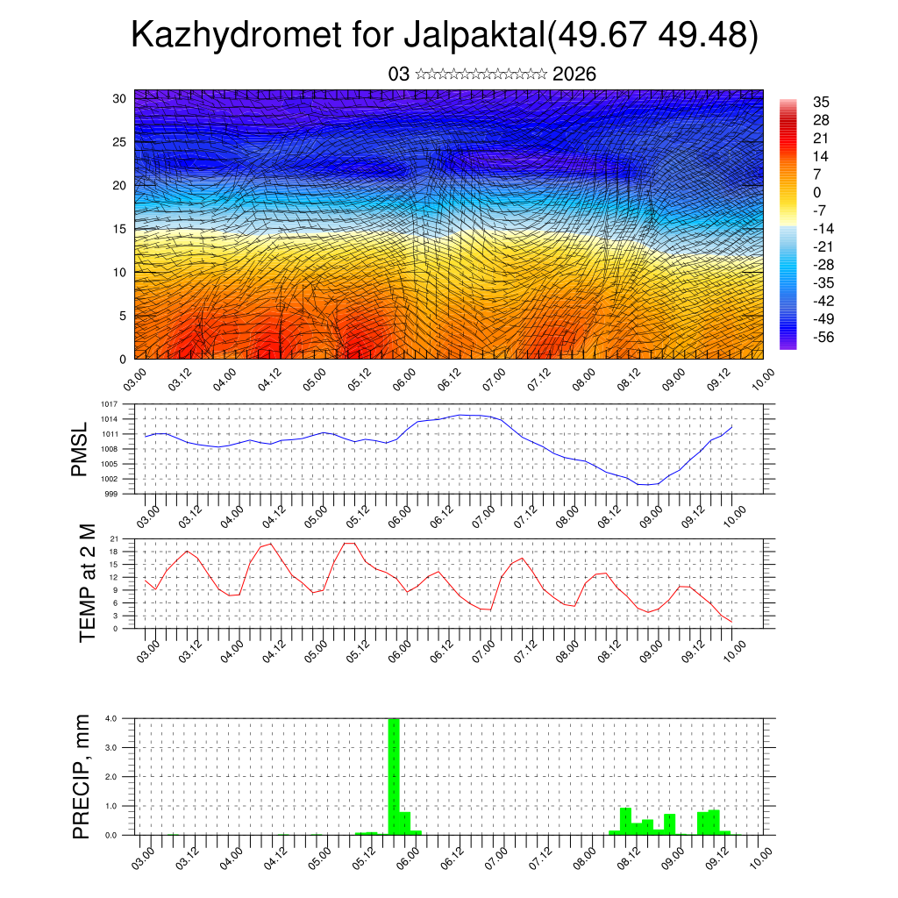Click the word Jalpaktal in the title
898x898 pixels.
click(474, 36)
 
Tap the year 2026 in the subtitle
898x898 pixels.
click(574, 75)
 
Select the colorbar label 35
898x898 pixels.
click(822, 103)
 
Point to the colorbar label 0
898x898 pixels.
click(817, 192)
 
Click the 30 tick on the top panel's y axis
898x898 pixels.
click(119, 98)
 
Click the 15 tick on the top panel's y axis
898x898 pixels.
click(119, 229)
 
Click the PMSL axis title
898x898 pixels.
click(80, 449)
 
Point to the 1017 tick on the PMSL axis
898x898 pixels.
click(108, 404)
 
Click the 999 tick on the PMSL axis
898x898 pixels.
click(110, 494)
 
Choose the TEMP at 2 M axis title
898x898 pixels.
click(87, 582)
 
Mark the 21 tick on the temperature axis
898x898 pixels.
click(114, 538)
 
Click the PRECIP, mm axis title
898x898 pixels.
click(82, 775)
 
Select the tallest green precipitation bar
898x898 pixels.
click(394, 776)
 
